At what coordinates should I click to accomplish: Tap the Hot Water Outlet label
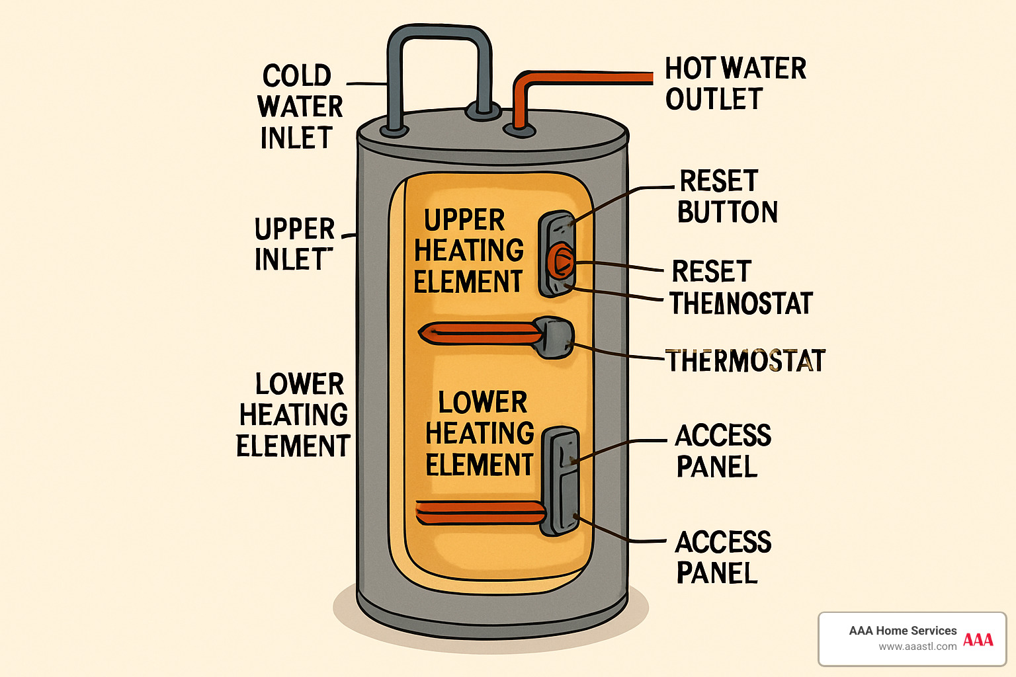(734, 83)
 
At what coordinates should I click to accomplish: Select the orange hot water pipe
(582, 78)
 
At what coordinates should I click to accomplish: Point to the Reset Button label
(728, 196)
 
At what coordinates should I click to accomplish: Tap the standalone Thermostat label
(746, 361)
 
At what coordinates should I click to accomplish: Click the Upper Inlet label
(294, 244)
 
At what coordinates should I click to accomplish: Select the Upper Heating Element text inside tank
(468, 251)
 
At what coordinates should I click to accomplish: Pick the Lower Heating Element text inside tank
(480, 434)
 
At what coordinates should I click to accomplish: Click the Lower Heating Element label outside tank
(293, 415)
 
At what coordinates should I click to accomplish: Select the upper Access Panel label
(723, 451)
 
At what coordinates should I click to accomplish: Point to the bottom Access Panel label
(723, 557)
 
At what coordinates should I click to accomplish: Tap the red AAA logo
(978, 639)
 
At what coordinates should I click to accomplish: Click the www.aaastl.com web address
(917, 647)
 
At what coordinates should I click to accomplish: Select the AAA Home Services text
(902, 631)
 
